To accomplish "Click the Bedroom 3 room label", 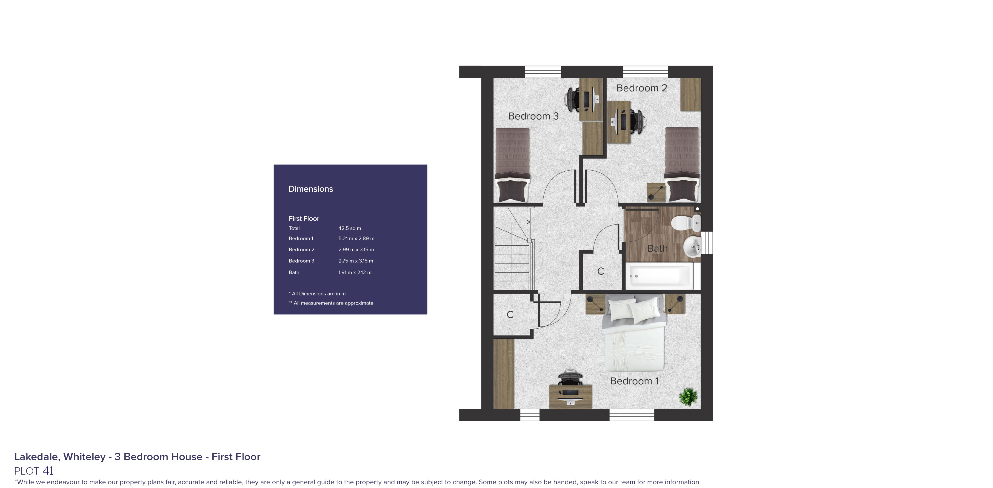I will point(533,116).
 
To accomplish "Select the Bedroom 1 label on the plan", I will point(634,381).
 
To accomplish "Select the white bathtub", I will point(659,276).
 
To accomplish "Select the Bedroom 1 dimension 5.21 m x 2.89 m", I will point(356,239).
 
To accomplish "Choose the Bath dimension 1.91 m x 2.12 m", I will point(355,272).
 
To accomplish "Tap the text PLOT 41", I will point(34,471).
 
